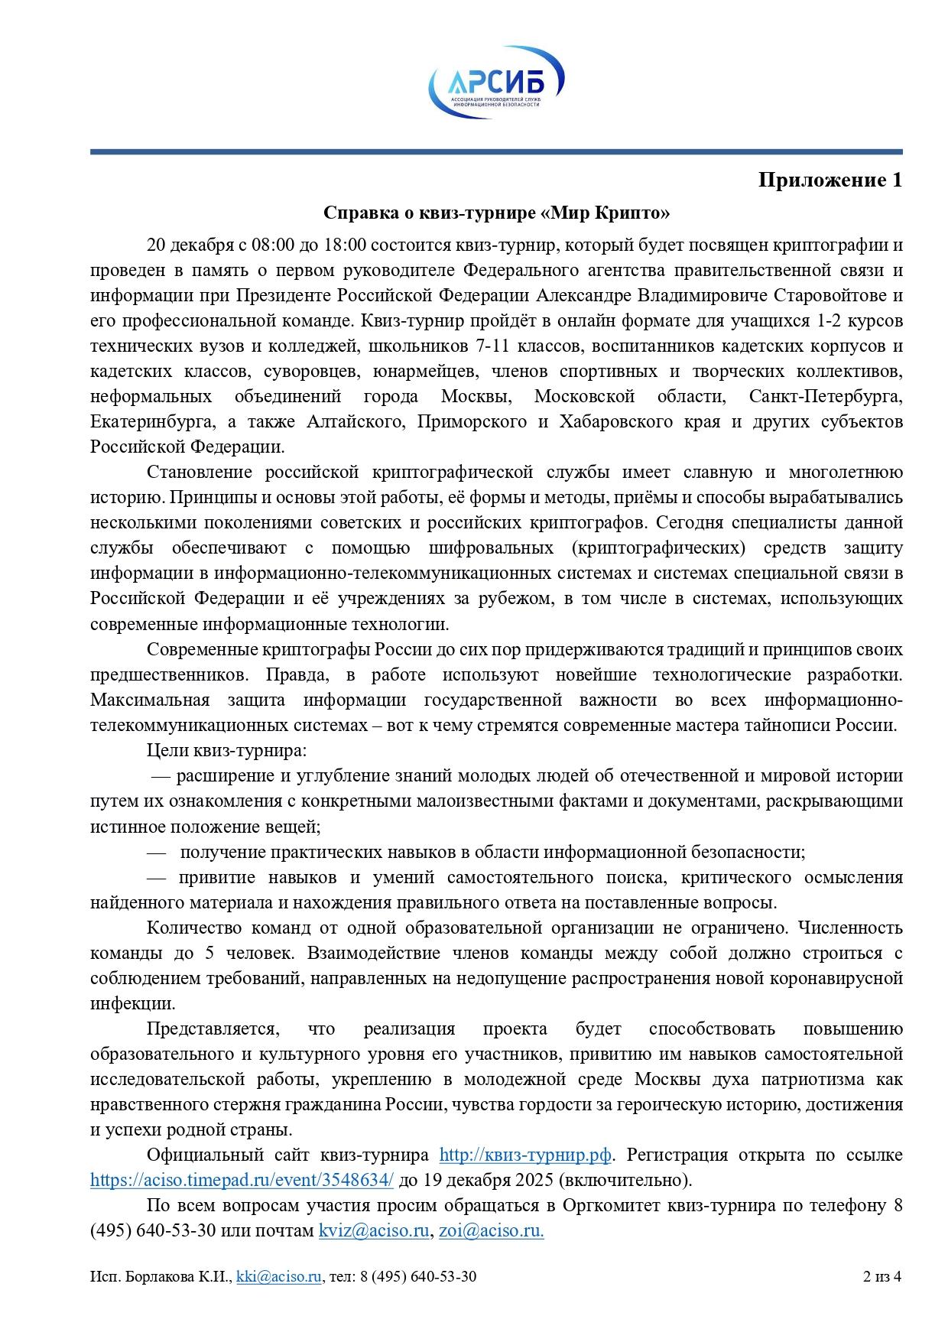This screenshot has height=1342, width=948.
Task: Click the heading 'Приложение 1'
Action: click(829, 180)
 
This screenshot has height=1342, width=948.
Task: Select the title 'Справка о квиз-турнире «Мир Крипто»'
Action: click(496, 213)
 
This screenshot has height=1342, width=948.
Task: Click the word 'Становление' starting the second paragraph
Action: click(195, 473)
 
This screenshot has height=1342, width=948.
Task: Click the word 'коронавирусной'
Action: click(839, 978)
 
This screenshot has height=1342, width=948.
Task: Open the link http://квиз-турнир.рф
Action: click(525, 1155)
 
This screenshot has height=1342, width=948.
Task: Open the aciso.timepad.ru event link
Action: click(242, 1180)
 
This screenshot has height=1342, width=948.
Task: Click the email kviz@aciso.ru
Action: click(373, 1230)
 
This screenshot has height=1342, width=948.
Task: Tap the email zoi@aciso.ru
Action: click(491, 1230)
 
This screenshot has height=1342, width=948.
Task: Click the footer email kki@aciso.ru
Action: click(279, 1276)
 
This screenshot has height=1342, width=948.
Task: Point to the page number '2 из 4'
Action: click(882, 1276)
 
